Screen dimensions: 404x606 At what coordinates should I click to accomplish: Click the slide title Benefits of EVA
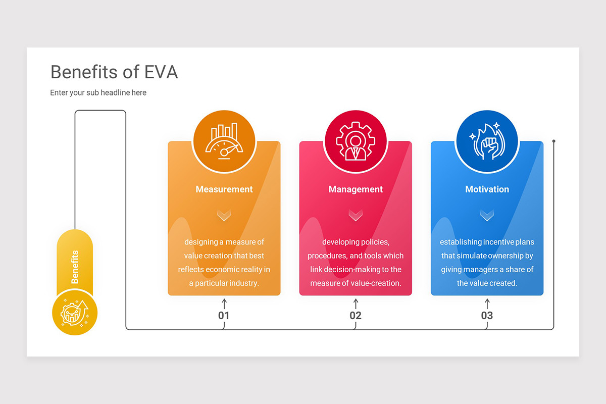tap(114, 72)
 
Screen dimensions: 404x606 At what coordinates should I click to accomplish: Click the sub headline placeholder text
tap(98, 92)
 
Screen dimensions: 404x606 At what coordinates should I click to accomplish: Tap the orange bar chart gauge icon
tap(224, 141)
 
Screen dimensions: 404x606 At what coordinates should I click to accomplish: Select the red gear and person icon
tap(356, 141)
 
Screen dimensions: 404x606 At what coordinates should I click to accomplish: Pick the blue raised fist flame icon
tap(487, 141)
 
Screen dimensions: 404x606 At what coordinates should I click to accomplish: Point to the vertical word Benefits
tap(75, 267)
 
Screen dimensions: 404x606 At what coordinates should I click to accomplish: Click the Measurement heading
tap(224, 189)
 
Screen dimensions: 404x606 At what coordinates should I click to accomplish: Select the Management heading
tap(356, 189)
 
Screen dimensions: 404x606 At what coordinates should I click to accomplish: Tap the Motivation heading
tap(487, 189)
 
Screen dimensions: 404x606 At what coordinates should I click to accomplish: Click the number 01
tap(224, 316)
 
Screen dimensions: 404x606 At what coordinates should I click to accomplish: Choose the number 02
tap(356, 316)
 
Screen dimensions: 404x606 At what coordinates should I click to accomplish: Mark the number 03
tap(487, 316)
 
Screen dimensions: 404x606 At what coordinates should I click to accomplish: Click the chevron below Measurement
tap(224, 216)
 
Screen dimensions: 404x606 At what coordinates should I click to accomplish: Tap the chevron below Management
tap(356, 216)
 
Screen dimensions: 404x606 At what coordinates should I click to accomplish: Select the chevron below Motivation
tap(487, 216)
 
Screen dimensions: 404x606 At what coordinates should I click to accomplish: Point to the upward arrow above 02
tap(356, 303)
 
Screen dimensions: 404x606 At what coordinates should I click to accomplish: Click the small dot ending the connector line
tap(554, 141)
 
